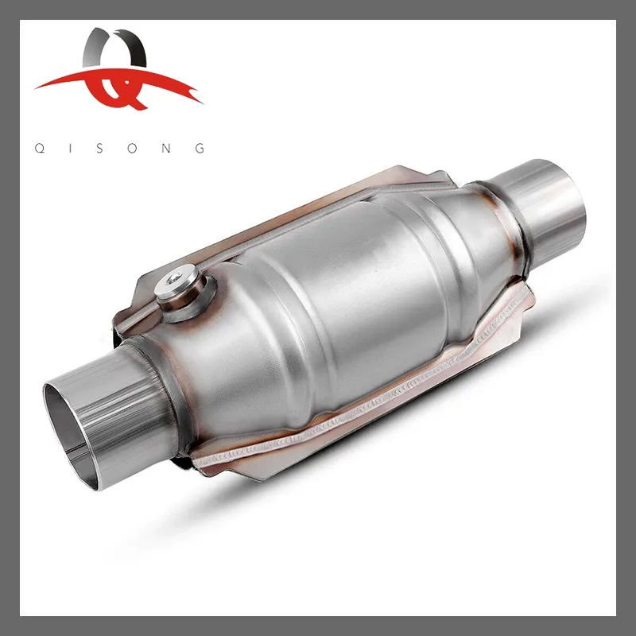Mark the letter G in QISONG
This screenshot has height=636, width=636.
[200, 148]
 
